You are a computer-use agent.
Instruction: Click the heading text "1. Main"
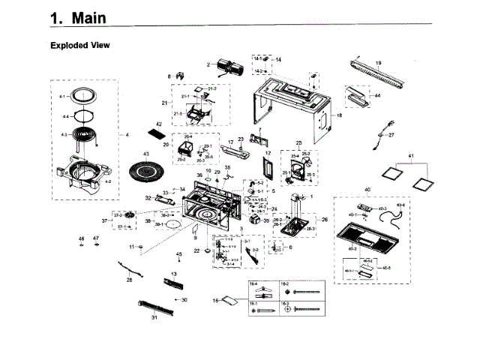pyautogui.click(x=77, y=17)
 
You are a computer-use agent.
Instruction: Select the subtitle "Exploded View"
pyautogui.click(x=79, y=45)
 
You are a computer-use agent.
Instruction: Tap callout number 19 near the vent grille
pyautogui.click(x=379, y=63)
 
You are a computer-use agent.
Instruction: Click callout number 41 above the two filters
pyautogui.click(x=410, y=155)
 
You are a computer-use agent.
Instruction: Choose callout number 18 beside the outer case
pyautogui.click(x=339, y=115)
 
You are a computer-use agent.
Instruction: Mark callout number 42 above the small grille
pyautogui.click(x=159, y=124)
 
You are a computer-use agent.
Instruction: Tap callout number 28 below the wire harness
pyautogui.click(x=129, y=280)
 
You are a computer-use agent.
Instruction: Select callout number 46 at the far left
pyautogui.click(x=82, y=238)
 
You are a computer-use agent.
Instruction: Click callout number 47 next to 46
pyautogui.click(x=96, y=238)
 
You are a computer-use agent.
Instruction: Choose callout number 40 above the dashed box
pyautogui.click(x=367, y=188)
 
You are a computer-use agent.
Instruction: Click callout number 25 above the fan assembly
pyautogui.click(x=298, y=142)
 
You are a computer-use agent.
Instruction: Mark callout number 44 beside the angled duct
pyautogui.click(x=377, y=96)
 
